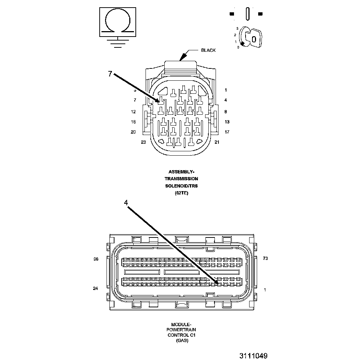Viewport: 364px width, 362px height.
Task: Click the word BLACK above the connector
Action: pos(208,50)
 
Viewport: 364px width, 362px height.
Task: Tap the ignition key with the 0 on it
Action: pos(252,38)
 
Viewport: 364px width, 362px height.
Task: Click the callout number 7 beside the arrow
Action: pos(110,74)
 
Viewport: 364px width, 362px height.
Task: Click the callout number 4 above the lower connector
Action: pos(126,203)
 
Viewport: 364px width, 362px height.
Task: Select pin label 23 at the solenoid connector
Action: pos(143,142)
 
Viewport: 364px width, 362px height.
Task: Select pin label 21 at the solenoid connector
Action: pos(217,142)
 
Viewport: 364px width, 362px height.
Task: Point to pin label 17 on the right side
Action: pos(227,132)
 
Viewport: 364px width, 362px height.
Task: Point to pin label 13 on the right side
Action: pos(227,122)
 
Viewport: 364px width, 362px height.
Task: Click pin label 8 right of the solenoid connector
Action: pos(226,112)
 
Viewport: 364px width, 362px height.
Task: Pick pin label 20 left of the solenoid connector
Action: pos(133,132)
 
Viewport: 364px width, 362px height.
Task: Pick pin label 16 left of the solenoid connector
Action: pos(133,122)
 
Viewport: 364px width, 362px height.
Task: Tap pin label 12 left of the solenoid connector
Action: pos(133,112)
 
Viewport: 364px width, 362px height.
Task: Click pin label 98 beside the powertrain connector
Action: pos(96,259)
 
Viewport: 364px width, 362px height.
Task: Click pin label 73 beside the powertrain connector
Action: pos(265,258)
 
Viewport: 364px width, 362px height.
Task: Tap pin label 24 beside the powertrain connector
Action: pos(96,289)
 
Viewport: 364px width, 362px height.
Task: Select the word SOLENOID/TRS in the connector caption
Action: pos(181,186)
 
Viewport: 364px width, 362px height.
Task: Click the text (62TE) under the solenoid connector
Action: pos(181,193)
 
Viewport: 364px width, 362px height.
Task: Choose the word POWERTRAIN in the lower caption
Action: pos(181,330)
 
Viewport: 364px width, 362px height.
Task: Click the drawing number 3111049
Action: pos(253,356)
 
